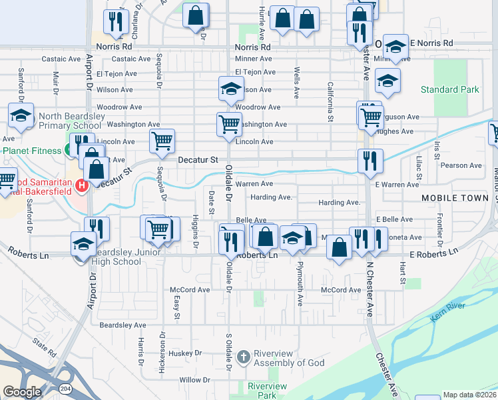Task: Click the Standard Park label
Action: tap(449, 89)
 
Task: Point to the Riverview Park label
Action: tap(267, 391)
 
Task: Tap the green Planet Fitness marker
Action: tap(69, 151)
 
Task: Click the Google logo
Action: tap(21, 392)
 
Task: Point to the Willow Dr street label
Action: tap(194, 380)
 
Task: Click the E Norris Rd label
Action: tap(431, 43)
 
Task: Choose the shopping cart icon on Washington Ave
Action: tap(229, 123)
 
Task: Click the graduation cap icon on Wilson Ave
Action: tap(230, 89)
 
